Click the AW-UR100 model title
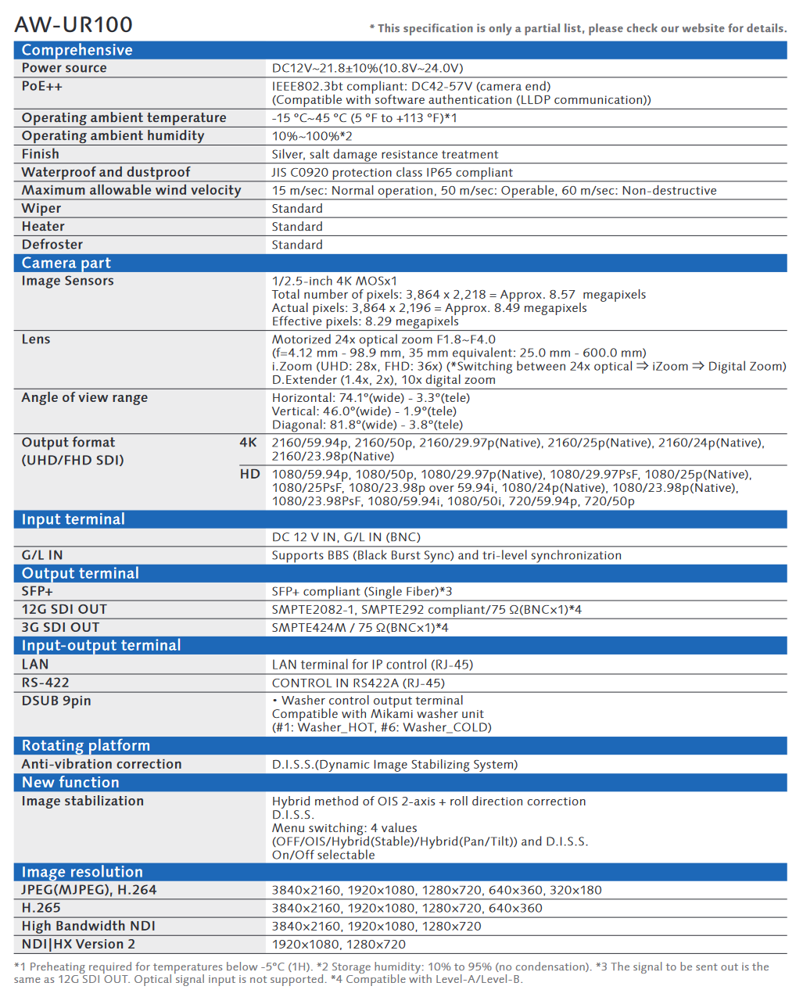[73, 24]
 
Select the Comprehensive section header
[77, 50]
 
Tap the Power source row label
[64, 68]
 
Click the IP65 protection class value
[392, 172]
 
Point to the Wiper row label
[41, 208]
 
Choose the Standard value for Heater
[297, 227]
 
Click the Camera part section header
[66, 263]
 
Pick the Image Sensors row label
[67, 281]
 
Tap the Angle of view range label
[84, 397]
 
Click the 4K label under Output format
[248, 443]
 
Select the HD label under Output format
[249, 474]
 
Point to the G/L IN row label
[42, 555]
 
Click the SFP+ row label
[37, 591]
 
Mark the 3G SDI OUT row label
[60, 627]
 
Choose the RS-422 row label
[45, 683]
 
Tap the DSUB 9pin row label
[56, 701]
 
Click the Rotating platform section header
[85, 745]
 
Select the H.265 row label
[41, 908]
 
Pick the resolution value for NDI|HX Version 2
[339, 945]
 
